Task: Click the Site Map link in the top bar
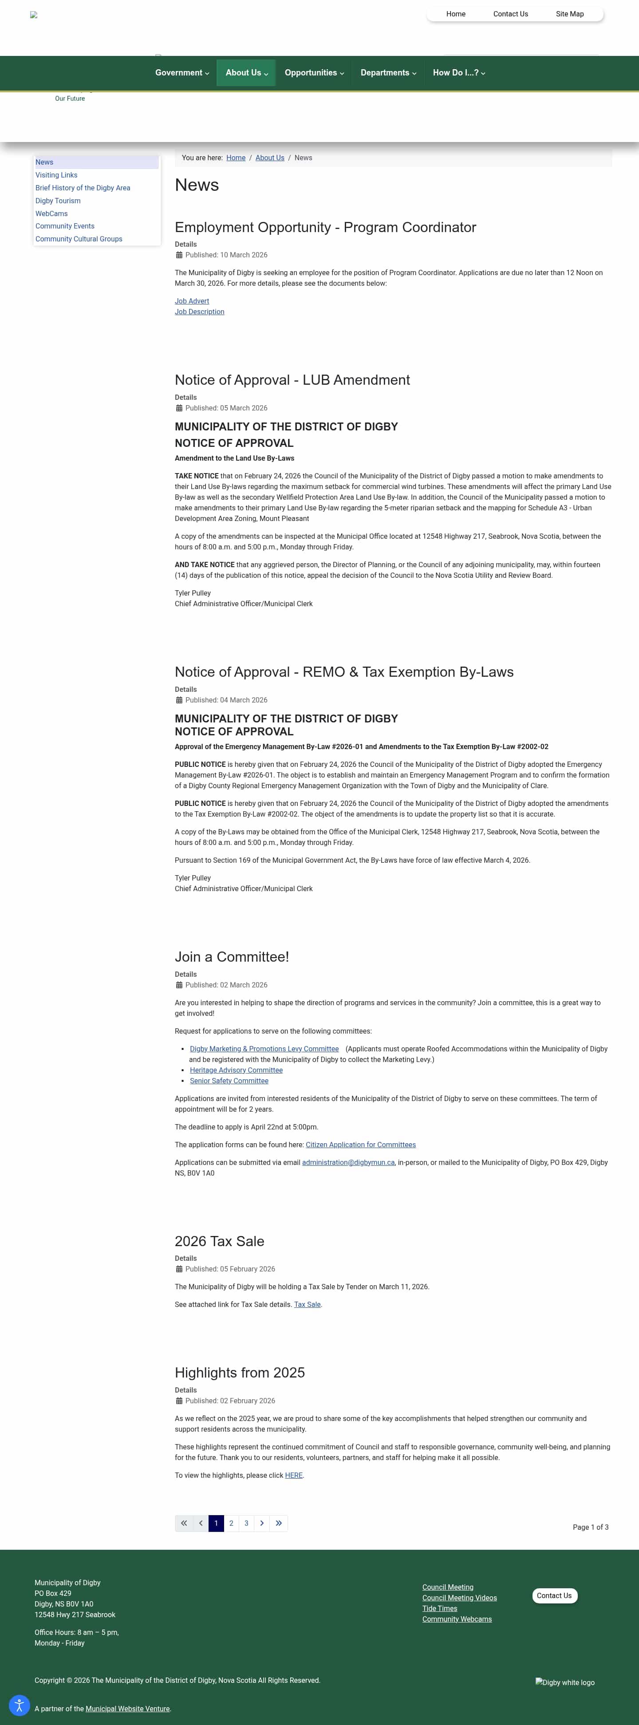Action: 569,14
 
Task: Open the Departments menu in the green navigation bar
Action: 388,73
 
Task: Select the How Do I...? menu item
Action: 459,73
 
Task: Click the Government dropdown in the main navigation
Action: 181,73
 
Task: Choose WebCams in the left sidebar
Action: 51,213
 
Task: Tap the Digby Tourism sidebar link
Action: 58,201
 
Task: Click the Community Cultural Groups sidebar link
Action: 79,239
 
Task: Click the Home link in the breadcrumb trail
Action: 236,158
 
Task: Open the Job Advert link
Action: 192,301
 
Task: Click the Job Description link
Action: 200,312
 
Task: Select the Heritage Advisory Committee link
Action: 236,1070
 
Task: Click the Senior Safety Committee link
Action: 229,1081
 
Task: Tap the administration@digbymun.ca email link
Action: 348,1163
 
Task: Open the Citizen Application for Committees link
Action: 360,1145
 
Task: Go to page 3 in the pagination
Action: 246,1524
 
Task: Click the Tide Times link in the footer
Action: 439,1608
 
